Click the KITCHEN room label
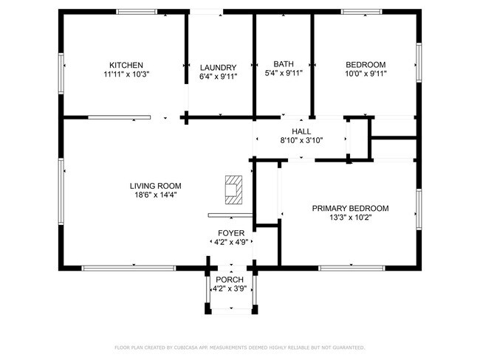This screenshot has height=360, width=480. (x=126, y=65)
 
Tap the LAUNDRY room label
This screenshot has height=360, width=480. (x=219, y=68)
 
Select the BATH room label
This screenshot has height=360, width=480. (x=284, y=64)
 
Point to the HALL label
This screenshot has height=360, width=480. (x=301, y=131)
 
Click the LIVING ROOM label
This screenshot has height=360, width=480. (x=156, y=186)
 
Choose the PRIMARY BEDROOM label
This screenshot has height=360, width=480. (x=351, y=208)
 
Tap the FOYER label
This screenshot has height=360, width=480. (x=231, y=233)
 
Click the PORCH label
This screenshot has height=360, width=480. (x=230, y=280)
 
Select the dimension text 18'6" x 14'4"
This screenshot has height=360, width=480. (x=156, y=195)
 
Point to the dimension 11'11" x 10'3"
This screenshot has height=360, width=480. (x=126, y=74)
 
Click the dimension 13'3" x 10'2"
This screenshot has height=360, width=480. (x=351, y=218)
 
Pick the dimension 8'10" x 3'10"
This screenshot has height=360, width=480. (x=302, y=140)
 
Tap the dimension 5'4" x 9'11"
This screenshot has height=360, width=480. (x=284, y=73)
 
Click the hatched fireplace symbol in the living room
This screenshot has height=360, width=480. (x=234, y=190)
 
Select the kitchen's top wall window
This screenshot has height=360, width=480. (x=137, y=12)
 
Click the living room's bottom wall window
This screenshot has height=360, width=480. (x=129, y=269)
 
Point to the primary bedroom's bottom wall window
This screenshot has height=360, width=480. (x=352, y=269)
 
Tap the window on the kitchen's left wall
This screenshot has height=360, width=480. (x=61, y=74)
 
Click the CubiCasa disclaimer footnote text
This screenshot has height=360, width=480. (x=240, y=347)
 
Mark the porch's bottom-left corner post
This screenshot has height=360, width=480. (x=208, y=308)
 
